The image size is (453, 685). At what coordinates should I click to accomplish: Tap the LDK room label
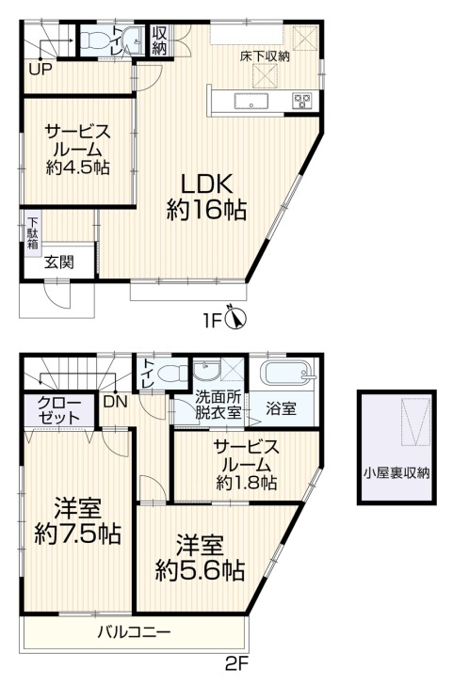pos(206,184)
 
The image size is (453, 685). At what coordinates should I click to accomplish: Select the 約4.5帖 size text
pos(77,168)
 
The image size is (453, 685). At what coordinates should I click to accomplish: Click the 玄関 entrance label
pos(59,263)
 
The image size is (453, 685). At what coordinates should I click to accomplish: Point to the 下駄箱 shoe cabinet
pos(32,233)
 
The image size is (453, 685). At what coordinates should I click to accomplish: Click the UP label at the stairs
pos(41,69)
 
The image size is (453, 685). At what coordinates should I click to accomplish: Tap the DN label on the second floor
pos(116,402)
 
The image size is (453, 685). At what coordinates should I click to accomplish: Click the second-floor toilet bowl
pos(170,374)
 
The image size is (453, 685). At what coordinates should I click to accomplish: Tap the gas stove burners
pos(301,101)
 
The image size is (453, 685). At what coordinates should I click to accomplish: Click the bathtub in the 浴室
pos(287,374)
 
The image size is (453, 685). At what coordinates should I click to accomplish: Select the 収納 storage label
pos(159,40)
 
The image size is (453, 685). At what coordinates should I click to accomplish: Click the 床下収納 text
pos(265,56)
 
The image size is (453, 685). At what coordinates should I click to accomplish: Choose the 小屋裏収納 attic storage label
pos(397,472)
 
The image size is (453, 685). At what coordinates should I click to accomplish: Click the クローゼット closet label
pos(59,410)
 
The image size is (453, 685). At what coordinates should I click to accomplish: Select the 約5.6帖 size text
pos(200,570)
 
